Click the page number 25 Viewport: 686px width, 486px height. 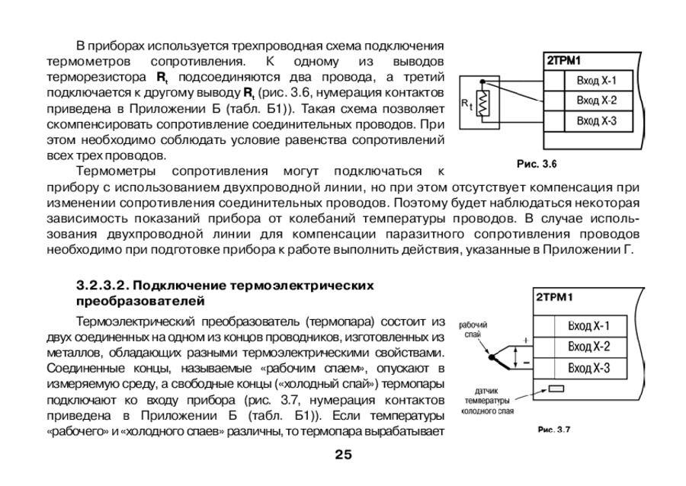(342, 456)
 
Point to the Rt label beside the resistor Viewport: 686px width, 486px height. (466, 105)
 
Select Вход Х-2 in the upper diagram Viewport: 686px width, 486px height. (595, 101)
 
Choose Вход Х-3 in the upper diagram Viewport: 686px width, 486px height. (595, 120)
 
